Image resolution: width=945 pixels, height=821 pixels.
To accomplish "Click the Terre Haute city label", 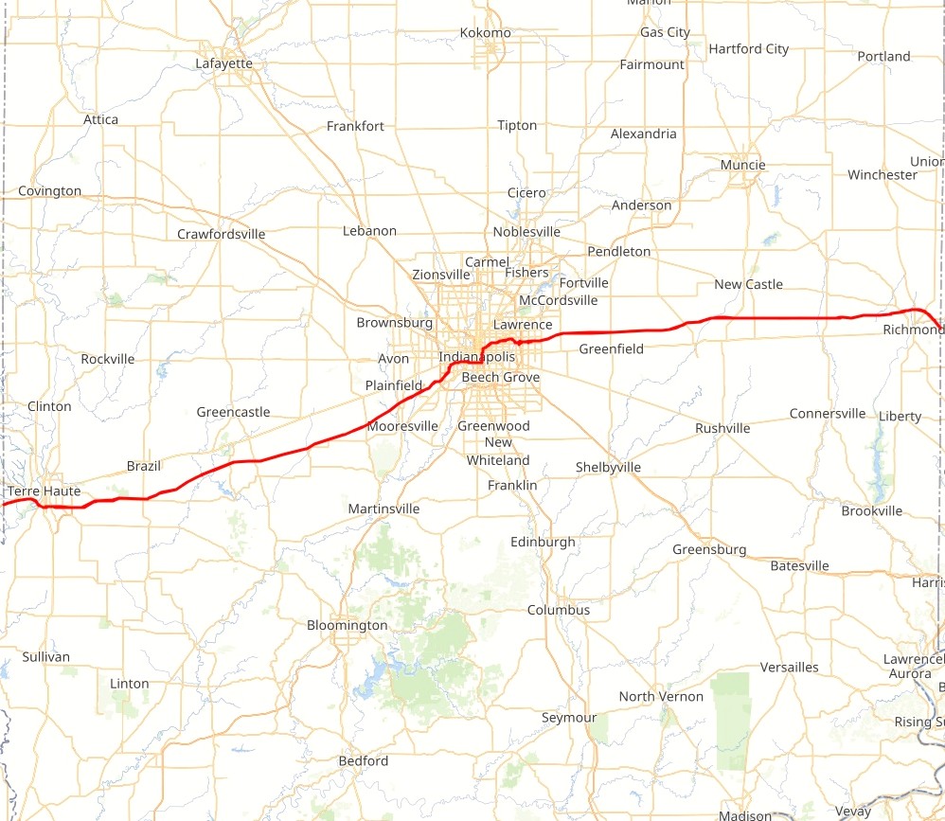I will (44, 491).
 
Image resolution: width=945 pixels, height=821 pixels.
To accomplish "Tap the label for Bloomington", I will (347, 625).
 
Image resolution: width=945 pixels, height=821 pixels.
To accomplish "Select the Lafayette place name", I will (223, 63).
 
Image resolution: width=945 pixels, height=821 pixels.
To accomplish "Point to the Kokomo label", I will (485, 33).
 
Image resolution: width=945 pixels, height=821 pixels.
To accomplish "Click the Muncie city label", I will (742, 165).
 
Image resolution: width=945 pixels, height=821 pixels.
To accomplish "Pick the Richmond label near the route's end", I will (912, 330).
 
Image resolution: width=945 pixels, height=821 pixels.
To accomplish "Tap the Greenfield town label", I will (611, 348).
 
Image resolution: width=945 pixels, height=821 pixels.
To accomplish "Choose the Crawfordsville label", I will (221, 234).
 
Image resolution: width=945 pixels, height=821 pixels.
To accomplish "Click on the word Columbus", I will (559, 610).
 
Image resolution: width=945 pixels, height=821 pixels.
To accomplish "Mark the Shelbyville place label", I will (608, 467).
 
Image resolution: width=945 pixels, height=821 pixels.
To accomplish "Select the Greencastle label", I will (233, 412).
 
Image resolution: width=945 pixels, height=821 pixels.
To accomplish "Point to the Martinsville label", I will (383, 509).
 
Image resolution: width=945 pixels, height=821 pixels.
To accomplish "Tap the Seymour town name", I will (569, 718).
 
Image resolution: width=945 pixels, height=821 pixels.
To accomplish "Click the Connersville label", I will (827, 414).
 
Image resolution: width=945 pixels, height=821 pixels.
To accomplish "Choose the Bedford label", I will (364, 760).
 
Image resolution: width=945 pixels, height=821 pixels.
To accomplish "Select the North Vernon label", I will (661, 696).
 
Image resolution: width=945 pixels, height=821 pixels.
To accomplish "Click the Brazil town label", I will (144, 466).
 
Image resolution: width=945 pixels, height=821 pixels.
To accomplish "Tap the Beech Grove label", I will (500, 377).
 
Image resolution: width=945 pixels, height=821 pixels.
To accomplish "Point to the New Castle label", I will (748, 284).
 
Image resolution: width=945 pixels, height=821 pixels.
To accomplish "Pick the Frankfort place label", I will (355, 126).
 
